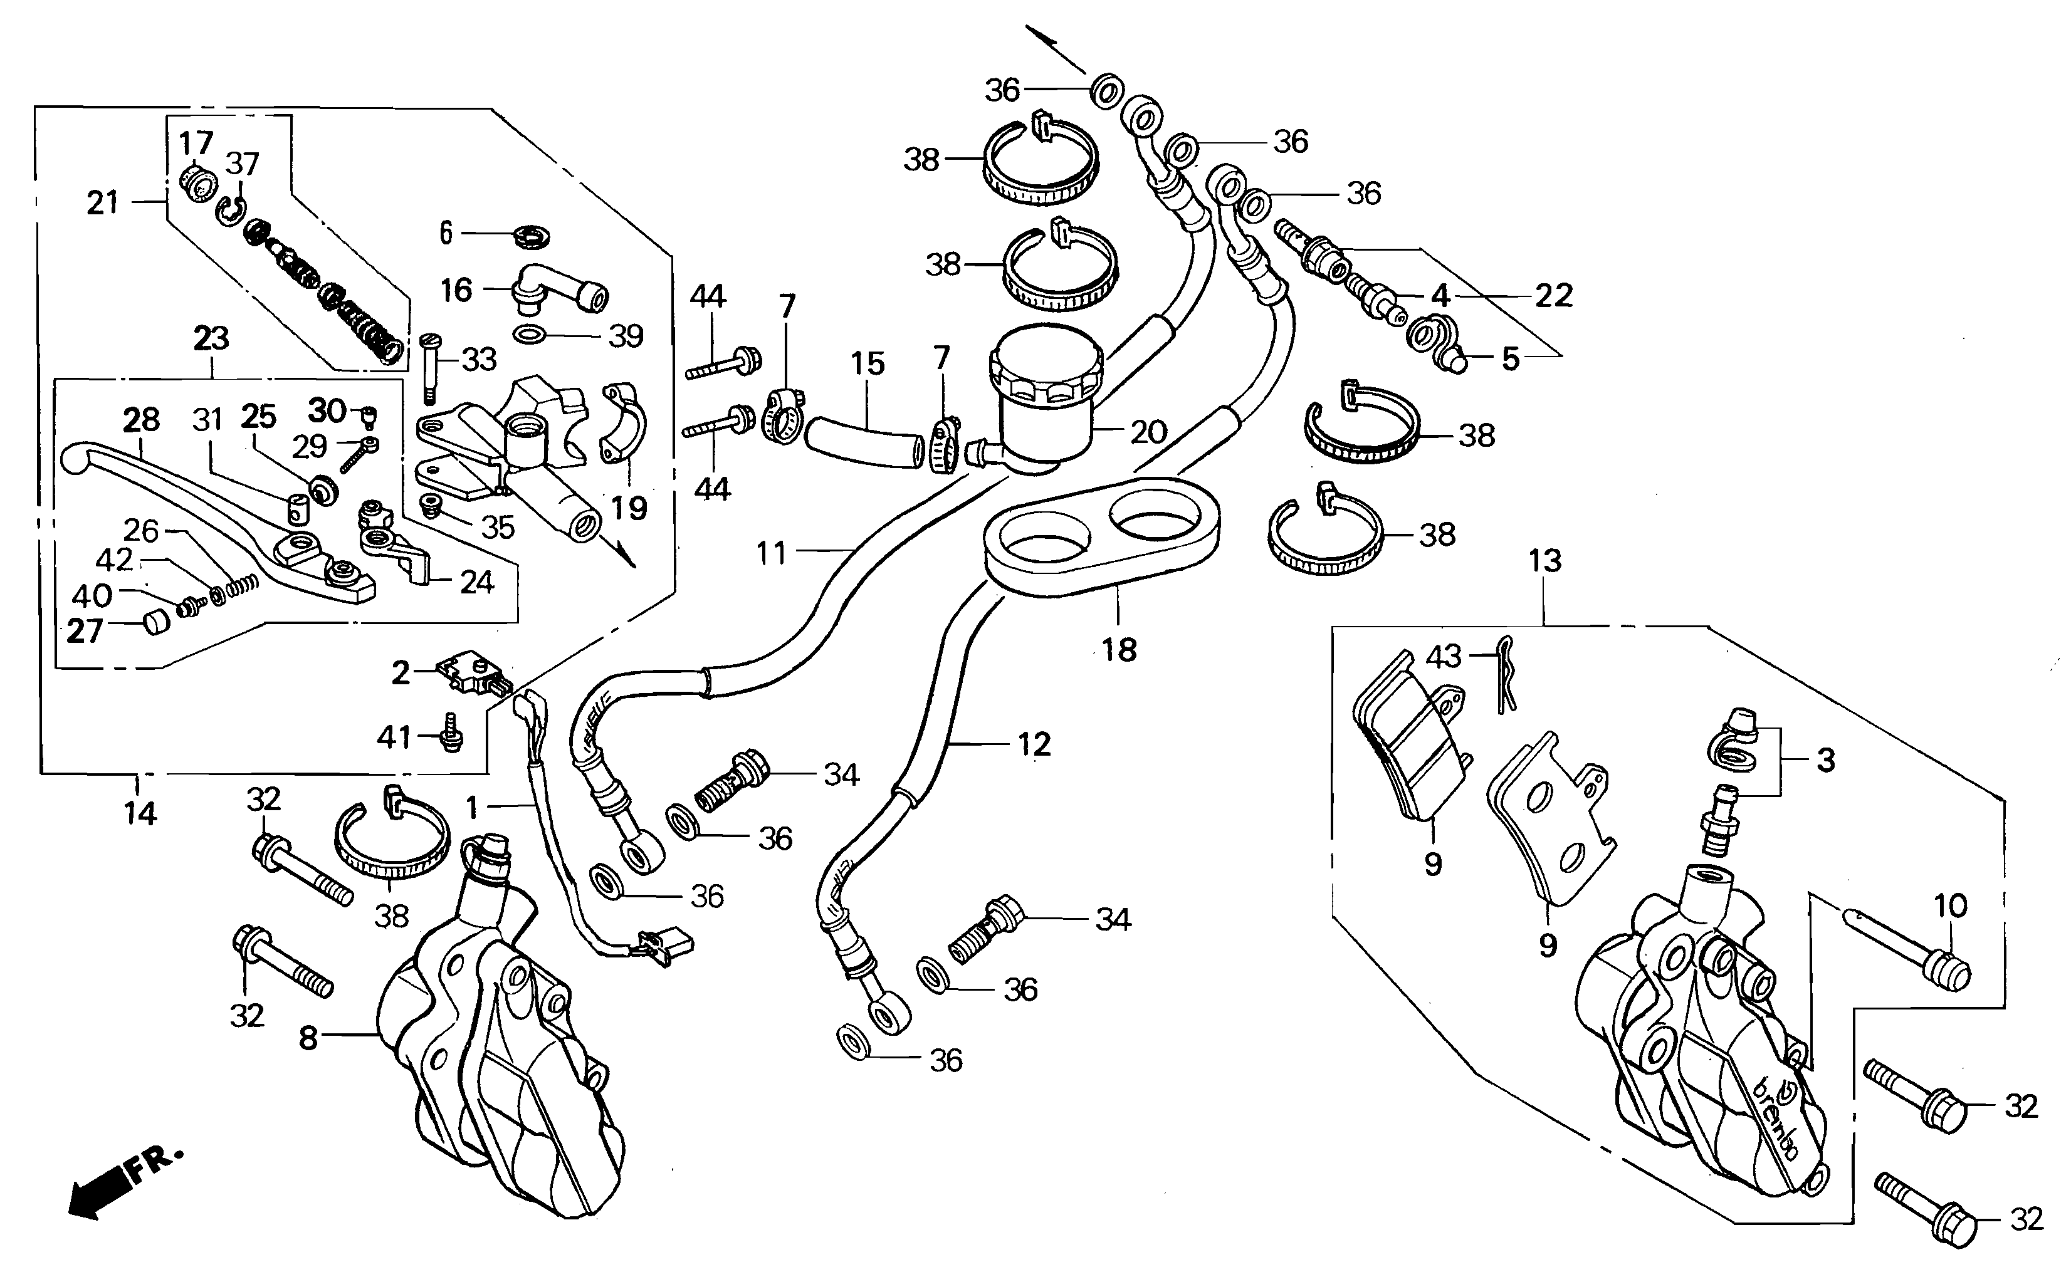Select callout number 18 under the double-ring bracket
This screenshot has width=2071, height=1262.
[x=1119, y=649]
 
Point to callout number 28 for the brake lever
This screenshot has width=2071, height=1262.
[x=141, y=419]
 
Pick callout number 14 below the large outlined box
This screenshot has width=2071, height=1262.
[x=140, y=813]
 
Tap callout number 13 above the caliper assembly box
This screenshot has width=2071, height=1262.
[x=1545, y=560]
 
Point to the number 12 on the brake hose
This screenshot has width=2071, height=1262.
[x=1034, y=744]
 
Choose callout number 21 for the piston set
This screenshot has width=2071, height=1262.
[x=103, y=202]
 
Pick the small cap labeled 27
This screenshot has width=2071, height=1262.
[x=155, y=623]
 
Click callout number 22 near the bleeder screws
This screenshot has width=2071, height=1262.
[x=1553, y=296]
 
